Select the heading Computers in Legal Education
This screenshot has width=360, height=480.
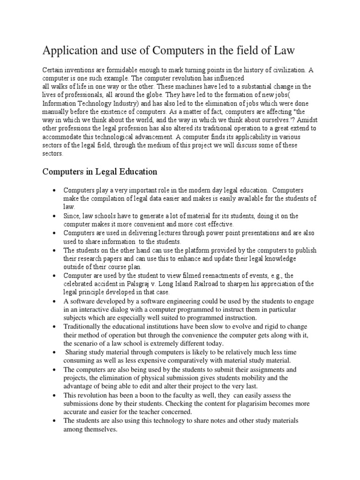coord(100,172)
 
